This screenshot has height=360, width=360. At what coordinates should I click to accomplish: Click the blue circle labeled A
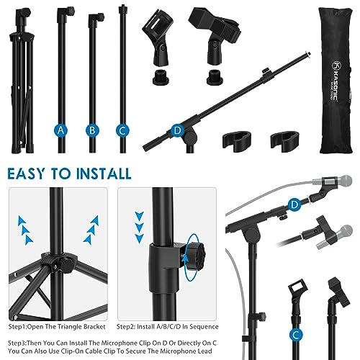coord(62,130)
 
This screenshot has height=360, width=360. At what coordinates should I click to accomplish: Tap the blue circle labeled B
coord(92,130)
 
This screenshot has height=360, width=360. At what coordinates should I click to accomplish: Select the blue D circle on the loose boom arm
coord(177,130)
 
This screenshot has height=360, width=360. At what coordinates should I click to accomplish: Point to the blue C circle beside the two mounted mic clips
coord(296,333)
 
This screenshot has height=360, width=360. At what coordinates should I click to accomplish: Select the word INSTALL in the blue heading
coord(104,174)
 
